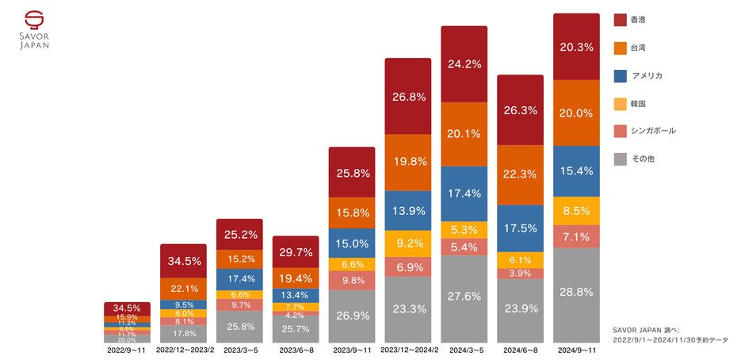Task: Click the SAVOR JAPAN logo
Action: [34, 30]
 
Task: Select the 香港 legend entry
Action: [635, 19]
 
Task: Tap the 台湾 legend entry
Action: [635, 48]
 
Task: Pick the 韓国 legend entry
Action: [635, 104]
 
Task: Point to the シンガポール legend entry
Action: [645, 131]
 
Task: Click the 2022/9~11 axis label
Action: [127, 349]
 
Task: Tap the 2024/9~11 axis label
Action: [576, 349]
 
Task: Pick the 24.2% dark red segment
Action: [464, 63]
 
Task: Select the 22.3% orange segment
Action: [520, 174]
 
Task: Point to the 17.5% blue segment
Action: [520, 227]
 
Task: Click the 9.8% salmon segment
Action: [351, 280]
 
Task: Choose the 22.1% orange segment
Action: [183, 288]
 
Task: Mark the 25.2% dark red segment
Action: [239, 234]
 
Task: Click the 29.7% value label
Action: [296, 252]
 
